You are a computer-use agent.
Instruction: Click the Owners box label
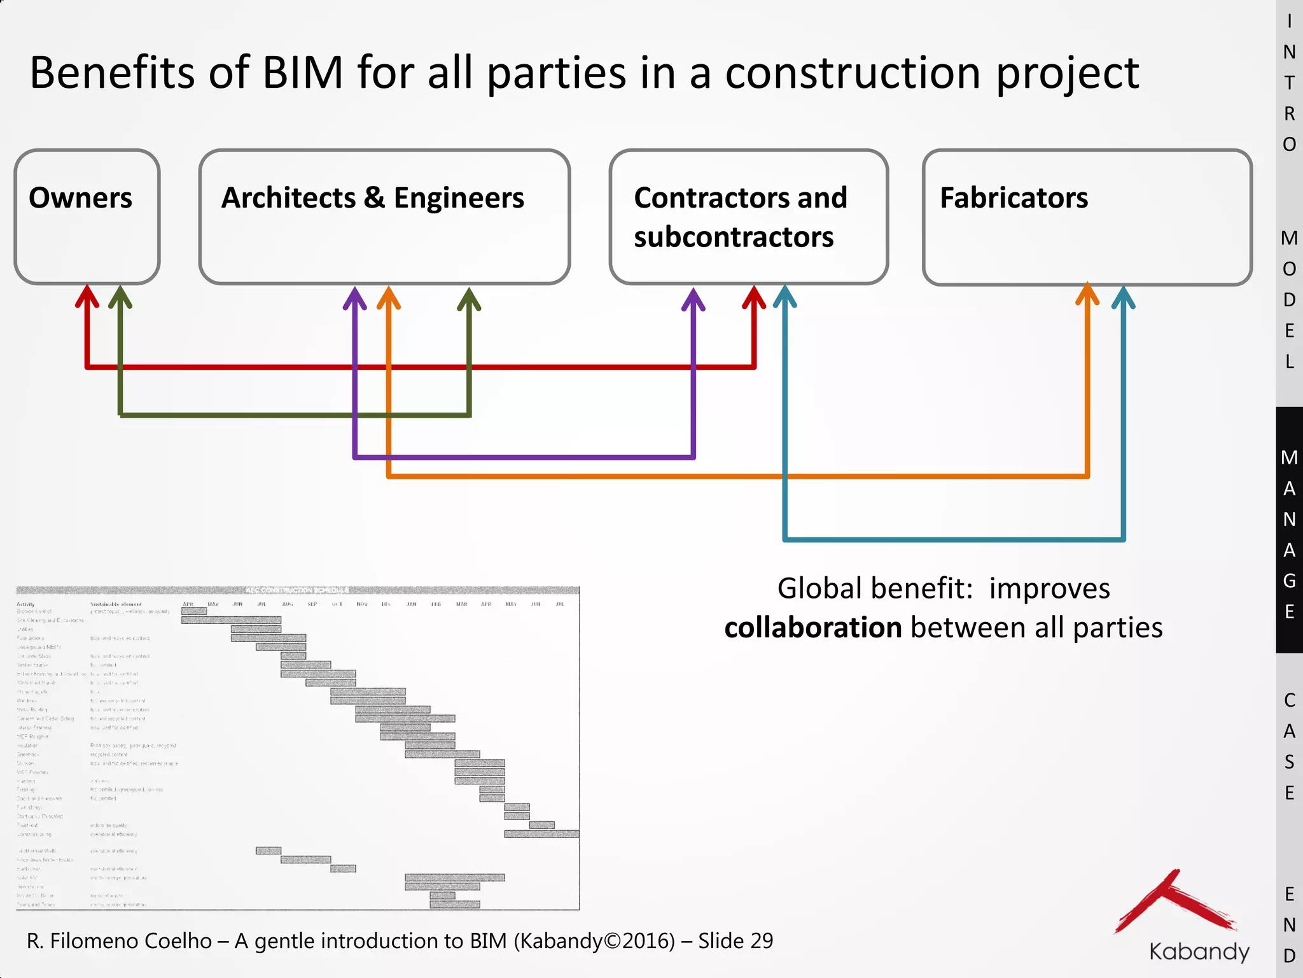pyautogui.click(x=81, y=198)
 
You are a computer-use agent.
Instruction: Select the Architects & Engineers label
pyautogui.click(x=372, y=198)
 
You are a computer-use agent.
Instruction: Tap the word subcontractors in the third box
pyautogui.click(x=734, y=237)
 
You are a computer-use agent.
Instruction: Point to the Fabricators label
pyautogui.click(x=1014, y=198)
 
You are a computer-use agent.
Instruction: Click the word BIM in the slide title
pyautogui.click(x=303, y=73)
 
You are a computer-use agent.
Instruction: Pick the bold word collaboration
pyautogui.click(x=813, y=628)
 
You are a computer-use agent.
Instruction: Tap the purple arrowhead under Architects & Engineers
pyautogui.click(x=355, y=298)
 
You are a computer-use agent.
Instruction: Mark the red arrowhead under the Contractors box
pyautogui.click(x=754, y=297)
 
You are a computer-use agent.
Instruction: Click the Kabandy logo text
pyautogui.click(x=1199, y=951)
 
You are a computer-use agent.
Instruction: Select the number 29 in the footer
pyautogui.click(x=762, y=941)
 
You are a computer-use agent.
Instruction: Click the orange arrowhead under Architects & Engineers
pyautogui.click(x=389, y=298)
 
